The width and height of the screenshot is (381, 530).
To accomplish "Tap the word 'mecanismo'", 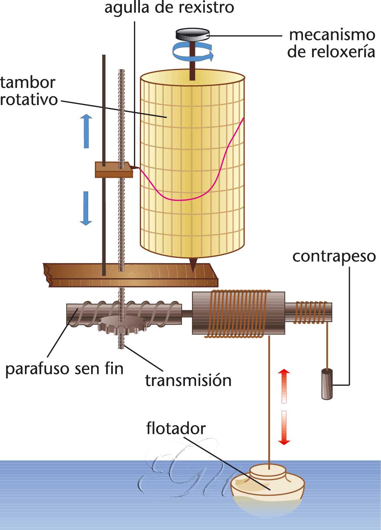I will [x=332, y=35].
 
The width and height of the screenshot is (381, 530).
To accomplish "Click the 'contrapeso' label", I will [x=334, y=257].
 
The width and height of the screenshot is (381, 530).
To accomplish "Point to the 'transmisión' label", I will [x=188, y=380].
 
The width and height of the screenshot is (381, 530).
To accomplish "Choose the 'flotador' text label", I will [x=176, y=428].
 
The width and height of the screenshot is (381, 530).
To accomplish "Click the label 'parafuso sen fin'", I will [x=64, y=369].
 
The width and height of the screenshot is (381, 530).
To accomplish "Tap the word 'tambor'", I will [x=28, y=82].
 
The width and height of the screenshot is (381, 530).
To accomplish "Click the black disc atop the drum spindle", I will [x=192, y=35].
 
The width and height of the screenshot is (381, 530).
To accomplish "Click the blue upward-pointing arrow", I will [x=86, y=131].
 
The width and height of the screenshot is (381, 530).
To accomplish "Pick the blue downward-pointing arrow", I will [x=86, y=209].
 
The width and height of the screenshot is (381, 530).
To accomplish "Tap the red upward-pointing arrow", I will [x=284, y=386].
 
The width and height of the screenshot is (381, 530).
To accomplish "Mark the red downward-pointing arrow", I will [x=284, y=428].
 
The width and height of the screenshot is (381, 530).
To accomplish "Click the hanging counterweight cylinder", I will [x=327, y=384].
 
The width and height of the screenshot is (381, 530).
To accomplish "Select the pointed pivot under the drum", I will [x=193, y=264].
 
